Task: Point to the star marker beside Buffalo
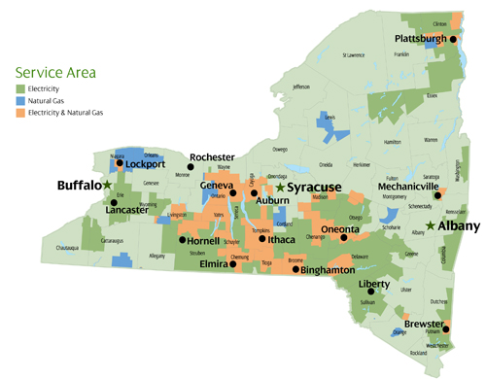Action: coord(107,185)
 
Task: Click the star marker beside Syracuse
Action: coord(281,187)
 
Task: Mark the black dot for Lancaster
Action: coord(114,202)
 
